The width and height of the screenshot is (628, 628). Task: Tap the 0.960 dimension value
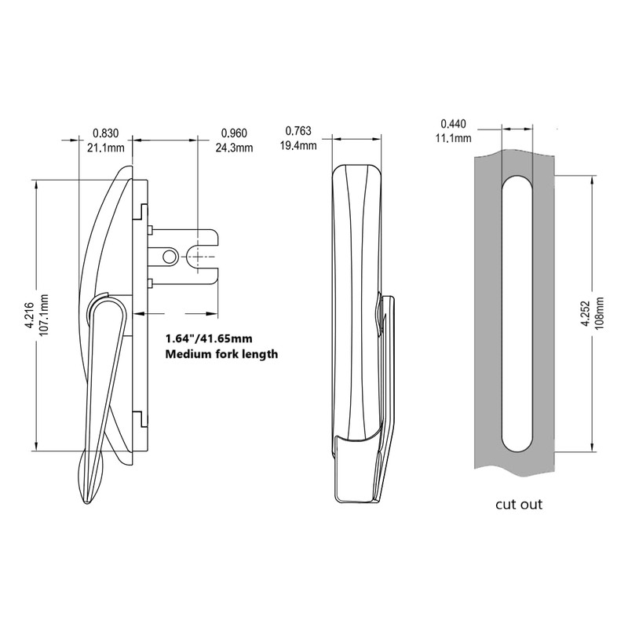tap(235, 133)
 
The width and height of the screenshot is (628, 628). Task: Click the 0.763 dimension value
tap(298, 130)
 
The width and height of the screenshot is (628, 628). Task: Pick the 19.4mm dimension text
tap(300, 145)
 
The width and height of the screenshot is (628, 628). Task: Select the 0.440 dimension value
tap(454, 124)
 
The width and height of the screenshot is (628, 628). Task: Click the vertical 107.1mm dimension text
tap(45, 316)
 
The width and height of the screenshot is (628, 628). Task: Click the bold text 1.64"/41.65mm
tap(209, 339)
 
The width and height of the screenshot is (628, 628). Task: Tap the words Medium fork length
tap(221, 355)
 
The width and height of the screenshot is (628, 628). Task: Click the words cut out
tap(518, 504)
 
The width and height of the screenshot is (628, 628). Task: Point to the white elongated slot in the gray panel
tap(517, 314)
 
